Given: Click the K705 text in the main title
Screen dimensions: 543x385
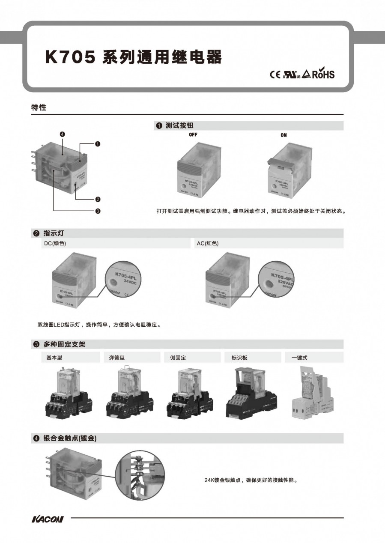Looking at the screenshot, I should pos(70,57).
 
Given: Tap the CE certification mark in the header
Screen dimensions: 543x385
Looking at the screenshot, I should pos(275,75).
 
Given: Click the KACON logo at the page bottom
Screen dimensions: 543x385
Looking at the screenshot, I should pos(48,519).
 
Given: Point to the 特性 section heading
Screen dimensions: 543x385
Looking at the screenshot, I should pos(39,107).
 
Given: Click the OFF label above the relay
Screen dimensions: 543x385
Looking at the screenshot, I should pos(193,134).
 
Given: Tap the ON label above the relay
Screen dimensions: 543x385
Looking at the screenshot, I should pos(284,135).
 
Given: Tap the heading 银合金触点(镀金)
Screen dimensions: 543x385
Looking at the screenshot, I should pos(69,438).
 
